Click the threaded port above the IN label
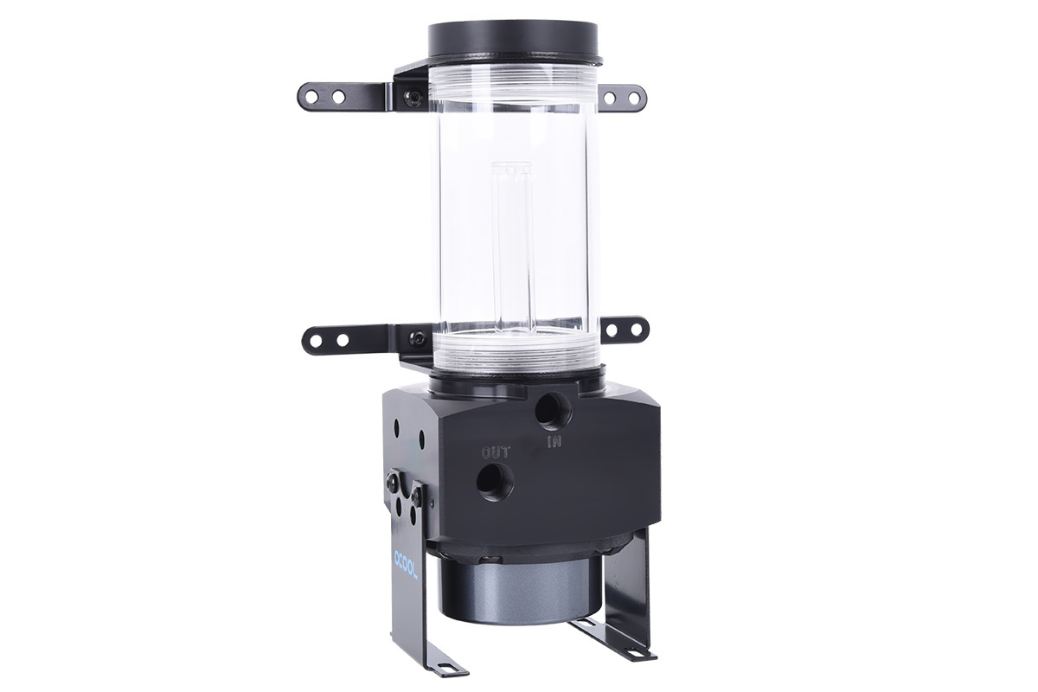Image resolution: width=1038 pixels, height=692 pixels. tap(550, 411)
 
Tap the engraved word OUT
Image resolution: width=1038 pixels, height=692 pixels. tap(495, 452)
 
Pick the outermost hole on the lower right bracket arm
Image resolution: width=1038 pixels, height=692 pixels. tap(638, 330)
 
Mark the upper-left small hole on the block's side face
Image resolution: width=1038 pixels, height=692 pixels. tap(396, 426)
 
